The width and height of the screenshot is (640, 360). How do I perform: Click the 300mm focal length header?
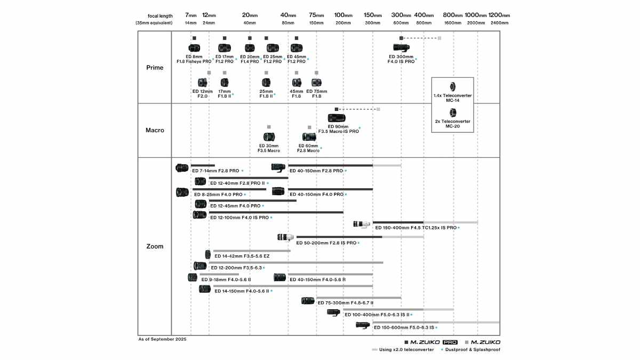click(x=401, y=15)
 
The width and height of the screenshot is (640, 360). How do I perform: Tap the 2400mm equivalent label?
click(x=499, y=23)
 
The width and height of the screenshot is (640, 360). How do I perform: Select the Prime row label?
click(x=155, y=68)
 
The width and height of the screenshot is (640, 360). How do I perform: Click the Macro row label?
click(x=155, y=130)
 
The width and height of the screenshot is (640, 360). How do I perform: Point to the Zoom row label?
click(x=155, y=246)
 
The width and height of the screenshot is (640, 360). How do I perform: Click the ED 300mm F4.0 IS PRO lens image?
click(x=401, y=47)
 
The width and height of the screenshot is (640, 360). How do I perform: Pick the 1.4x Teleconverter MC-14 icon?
click(x=453, y=86)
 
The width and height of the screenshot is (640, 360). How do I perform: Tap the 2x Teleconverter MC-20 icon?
click(x=453, y=113)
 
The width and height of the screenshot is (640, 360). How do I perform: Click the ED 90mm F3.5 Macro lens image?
click(x=337, y=118)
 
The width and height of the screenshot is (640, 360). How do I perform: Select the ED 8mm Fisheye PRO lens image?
click(x=194, y=47)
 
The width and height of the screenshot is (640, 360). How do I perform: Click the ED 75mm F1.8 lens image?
click(x=316, y=83)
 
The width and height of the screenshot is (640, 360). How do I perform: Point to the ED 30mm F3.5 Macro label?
click(x=269, y=148)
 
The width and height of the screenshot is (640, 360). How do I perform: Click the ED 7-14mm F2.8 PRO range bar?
click(x=203, y=165)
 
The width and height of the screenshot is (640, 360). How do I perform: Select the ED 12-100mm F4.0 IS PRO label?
click(x=239, y=218)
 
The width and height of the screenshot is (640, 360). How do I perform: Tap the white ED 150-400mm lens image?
click(x=362, y=225)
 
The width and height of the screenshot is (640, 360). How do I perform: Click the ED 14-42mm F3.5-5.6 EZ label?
click(x=242, y=256)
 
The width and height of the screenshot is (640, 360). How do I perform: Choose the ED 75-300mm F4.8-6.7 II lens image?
click(x=308, y=301)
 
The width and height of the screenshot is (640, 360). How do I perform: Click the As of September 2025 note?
click(x=162, y=339)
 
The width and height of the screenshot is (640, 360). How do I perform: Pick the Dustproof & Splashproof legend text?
click(x=473, y=349)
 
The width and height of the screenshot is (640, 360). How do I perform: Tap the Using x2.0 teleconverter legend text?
click(x=406, y=349)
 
